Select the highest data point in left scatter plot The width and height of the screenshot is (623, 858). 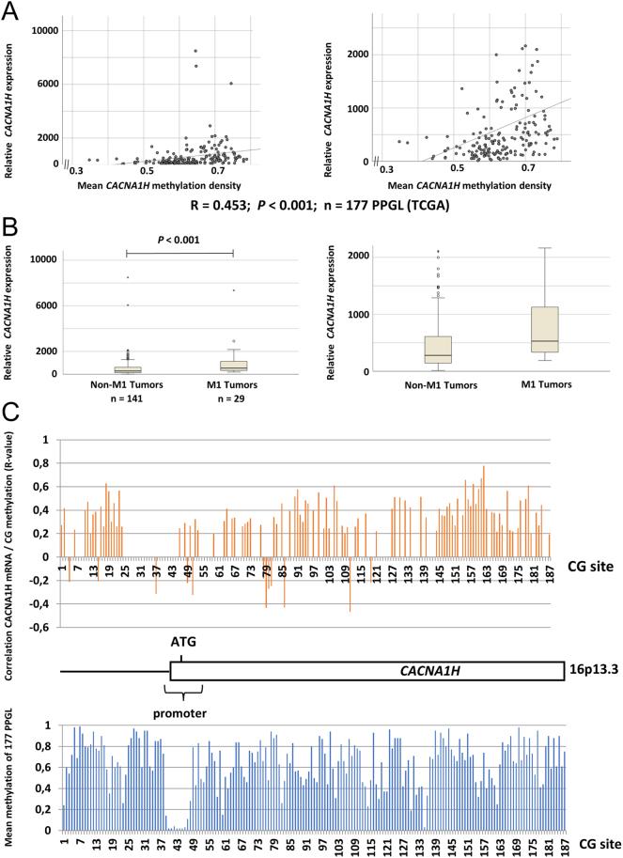195,51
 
